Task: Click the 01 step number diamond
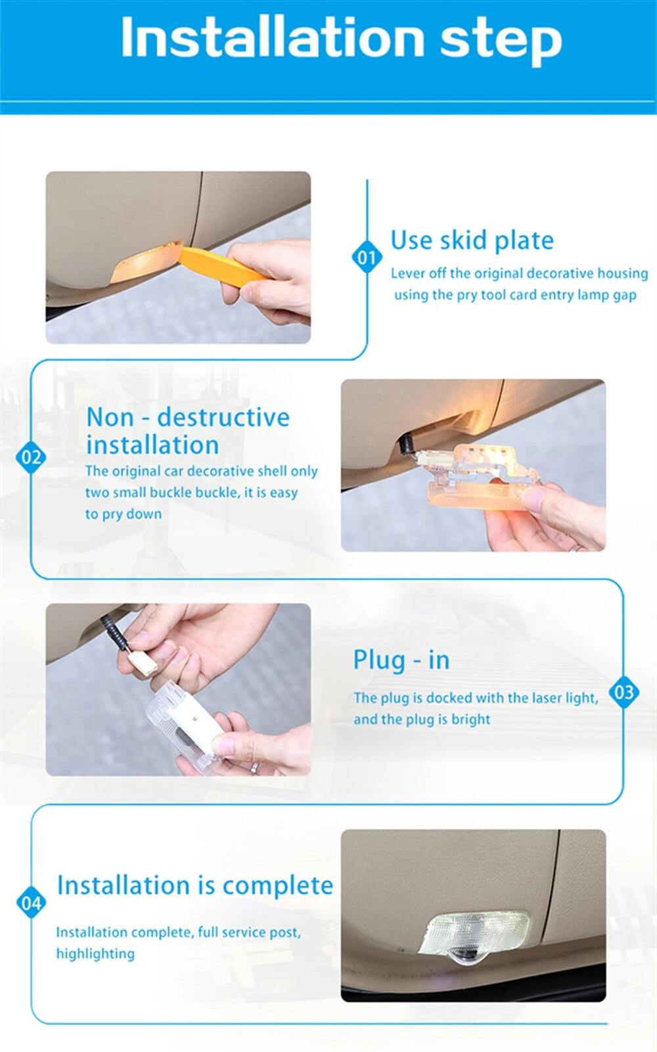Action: point(367,257)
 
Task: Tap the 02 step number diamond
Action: point(31,457)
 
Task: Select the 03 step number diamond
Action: point(623,691)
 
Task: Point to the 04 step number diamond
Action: point(31,902)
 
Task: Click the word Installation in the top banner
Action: point(272,37)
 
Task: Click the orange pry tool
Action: point(221,266)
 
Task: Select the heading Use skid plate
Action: point(472,240)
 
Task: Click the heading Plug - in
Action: point(401,660)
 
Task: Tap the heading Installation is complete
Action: point(195,885)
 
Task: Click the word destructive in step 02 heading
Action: point(223,417)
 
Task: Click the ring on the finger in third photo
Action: point(254,768)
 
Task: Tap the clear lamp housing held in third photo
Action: point(183,723)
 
